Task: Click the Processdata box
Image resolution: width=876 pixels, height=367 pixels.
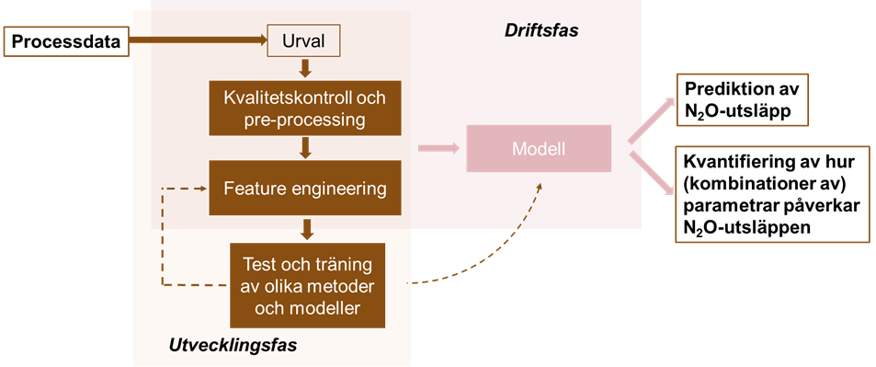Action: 66,42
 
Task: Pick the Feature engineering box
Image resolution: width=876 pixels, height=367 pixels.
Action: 305,188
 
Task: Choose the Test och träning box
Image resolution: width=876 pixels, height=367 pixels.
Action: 307,285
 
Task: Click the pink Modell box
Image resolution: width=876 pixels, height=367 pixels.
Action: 540,148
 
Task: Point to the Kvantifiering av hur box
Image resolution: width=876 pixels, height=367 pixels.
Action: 773,193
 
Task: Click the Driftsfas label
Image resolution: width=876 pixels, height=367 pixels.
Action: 541,30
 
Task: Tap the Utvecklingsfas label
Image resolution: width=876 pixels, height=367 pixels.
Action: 233,345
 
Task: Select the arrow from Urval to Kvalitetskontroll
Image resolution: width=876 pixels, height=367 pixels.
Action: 304,69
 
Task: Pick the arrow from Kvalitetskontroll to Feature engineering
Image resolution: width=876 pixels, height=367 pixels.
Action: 304,149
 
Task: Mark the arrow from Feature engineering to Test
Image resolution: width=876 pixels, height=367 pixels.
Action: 305,229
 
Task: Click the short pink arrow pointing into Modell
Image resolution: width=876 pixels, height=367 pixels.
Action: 438,148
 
